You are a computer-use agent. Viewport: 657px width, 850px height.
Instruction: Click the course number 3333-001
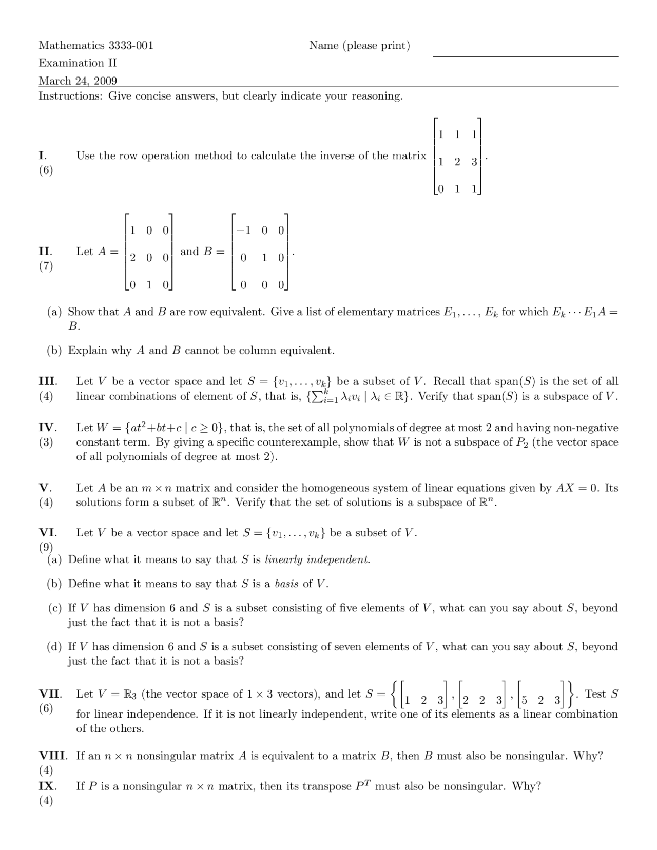click(131, 46)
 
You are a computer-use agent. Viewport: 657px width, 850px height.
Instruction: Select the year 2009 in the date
click(106, 81)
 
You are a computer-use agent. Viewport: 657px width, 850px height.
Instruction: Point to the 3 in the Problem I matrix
click(474, 161)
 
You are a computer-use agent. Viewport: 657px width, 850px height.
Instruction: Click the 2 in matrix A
click(132, 257)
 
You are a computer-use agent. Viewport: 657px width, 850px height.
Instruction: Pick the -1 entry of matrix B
click(244, 230)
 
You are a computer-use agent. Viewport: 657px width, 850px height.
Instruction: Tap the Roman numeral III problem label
click(48, 381)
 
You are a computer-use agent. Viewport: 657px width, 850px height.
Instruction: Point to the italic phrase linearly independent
click(317, 559)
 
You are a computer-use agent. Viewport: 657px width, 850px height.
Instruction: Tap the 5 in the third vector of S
click(524, 700)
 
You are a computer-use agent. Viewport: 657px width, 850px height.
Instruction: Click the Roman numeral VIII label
click(53, 756)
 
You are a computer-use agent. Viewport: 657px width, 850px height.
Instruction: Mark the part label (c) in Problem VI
click(54, 608)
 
